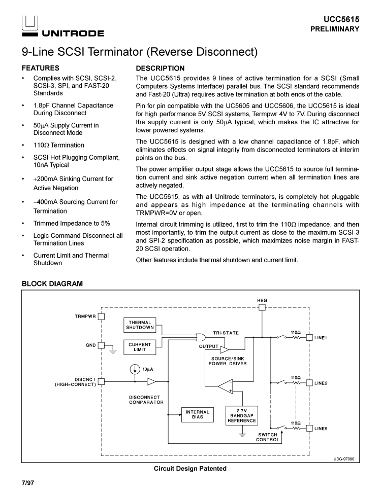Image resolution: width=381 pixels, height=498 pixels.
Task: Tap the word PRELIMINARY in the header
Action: coord(335,29)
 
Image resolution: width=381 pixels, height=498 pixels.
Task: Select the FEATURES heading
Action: coord(41,68)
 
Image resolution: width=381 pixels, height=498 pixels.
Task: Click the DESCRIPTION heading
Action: coord(161,68)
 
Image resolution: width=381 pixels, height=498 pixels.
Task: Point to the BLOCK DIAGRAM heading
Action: coord(52,284)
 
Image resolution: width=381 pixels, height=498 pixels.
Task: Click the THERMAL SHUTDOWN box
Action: coord(140,325)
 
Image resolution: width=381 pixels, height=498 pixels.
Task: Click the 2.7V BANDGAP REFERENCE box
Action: coord(242,415)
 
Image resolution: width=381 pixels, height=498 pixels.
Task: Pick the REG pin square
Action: coord(262,307)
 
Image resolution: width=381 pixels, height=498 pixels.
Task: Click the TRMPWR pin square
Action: coord(101,316)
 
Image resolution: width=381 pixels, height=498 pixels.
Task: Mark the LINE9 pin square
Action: coord(309,429)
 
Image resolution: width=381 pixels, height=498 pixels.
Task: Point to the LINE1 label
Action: coord(321,337)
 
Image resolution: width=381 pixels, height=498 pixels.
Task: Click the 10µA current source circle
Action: coord(135,369)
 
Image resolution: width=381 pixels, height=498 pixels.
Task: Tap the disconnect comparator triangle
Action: coord(151,381)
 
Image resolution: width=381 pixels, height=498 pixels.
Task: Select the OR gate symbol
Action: coord(201,337)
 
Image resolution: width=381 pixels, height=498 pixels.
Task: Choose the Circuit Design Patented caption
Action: coord(190,469)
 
